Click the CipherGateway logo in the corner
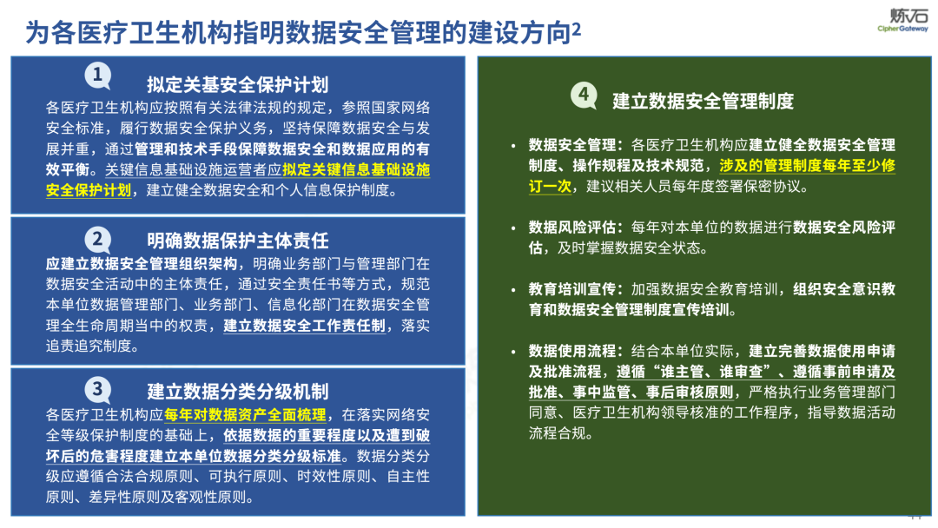[x=902, y=19]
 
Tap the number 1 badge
[x=98, y=76]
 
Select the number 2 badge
[x=98, y=241]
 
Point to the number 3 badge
[x=98, y=391]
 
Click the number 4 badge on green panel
[x=584, y=95]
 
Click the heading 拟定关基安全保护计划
[x=237, y=85]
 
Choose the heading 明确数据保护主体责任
[x=237, y=241]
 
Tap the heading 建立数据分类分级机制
[x=237, y=392]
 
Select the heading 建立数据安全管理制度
[x=703, y=101]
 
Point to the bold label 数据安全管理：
[x=576, y=145]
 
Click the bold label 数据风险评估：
[x=576, y=228]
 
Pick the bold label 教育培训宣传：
[x=576, y=289]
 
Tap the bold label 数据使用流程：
[x=576, y=351]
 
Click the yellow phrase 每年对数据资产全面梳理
[x=245, y=415]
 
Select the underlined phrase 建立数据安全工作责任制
[x=305, y=326]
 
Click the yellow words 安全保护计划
[x=89, y=191]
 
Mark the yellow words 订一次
[x=550, y=187]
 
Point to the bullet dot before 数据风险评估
[x=513, y=228]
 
